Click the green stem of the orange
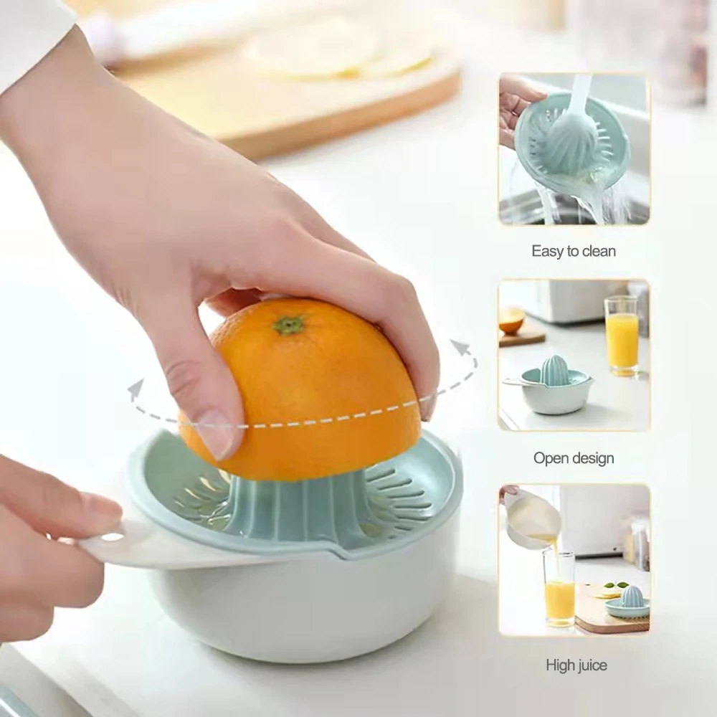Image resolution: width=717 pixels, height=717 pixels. click(x=288, y=325)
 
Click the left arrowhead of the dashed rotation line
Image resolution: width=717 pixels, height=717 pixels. click(x=134, y=390)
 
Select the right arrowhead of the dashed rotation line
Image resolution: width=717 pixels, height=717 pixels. click(x=460, y=349)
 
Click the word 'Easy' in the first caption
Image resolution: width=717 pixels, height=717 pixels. click(x=546, y=251)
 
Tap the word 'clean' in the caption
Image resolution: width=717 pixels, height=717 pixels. click(x=598, y=251)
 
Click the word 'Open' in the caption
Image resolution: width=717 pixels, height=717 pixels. click(x=549, y=458)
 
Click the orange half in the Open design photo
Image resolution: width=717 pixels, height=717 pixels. click(x=512, y=320)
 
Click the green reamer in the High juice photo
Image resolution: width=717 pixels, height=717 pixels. click(x=632, y=597)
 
